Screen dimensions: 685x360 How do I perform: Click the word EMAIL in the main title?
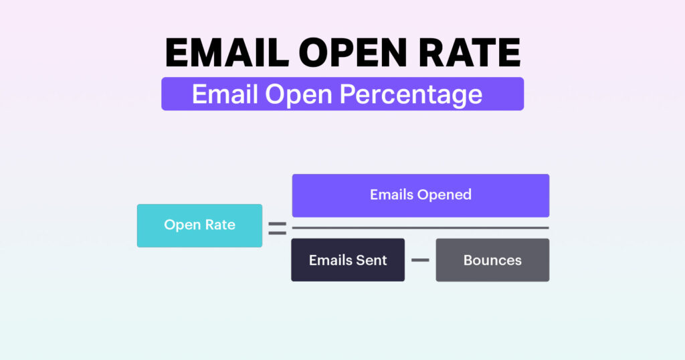coord(227,52)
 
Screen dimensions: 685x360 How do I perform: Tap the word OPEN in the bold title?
coord(353,52)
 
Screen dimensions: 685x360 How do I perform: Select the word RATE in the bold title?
coord(470,52)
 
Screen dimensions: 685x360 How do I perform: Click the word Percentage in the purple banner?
coord(411,94)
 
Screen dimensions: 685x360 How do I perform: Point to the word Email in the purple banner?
coord(225,94)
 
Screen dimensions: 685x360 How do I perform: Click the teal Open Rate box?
coord(199,226)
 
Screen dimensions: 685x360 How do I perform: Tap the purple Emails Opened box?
coord(421,195)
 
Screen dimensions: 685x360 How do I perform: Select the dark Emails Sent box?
coord(348,260)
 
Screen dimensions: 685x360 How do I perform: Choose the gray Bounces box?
coord(492,260)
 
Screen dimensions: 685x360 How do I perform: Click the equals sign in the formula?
coord(278,228)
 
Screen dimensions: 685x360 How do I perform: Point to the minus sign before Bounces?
coord(420,260)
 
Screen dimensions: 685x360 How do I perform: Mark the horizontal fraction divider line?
coord(420,228)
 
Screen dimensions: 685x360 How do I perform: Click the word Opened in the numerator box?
coord(447,195)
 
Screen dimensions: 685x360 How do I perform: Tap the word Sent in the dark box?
coord(371,260)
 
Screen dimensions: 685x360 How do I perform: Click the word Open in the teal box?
coord(182,226)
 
